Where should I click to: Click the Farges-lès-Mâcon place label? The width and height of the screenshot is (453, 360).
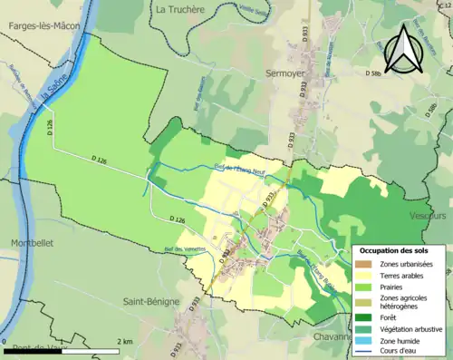[x=43, y=27]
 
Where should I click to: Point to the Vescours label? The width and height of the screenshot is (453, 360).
[x=427, y=217]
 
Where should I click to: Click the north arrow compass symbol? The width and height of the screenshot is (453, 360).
[x=404, y=47]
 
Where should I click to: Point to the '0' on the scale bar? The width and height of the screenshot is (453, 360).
[x=5, y=342]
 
